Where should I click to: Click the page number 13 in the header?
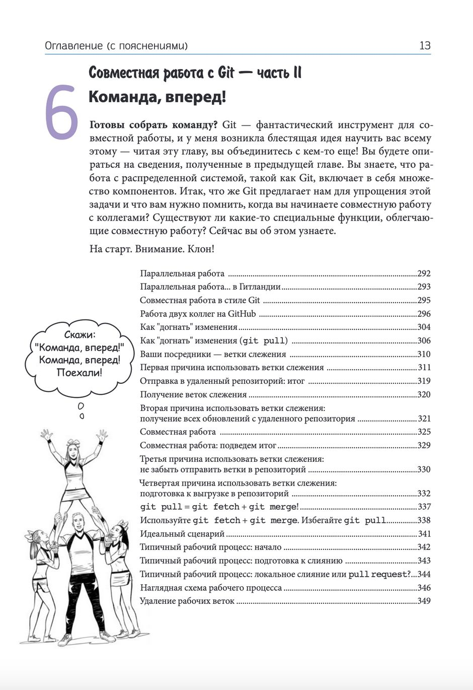point(425,46)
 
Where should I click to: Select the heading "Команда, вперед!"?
point(157,96)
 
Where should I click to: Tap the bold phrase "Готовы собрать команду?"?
point(153,125)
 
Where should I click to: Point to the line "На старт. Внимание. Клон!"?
point(151,249)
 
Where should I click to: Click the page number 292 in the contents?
point(424,274)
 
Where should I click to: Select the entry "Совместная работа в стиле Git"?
point(200,300)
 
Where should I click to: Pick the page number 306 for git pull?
point(424,341)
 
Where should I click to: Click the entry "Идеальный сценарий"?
point(182,534)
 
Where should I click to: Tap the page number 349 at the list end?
point(424,601)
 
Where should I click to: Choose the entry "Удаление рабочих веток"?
point(187,601)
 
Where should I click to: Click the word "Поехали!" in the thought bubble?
point(80,373)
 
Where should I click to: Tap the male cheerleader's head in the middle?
point(78,524)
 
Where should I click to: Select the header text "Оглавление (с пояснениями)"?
point(116,46)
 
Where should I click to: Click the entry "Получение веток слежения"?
point(193,395)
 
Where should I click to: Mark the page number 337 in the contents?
point(424,507)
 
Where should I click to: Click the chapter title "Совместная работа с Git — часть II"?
point(195,73)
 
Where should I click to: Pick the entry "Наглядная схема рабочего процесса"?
point(211,588)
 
